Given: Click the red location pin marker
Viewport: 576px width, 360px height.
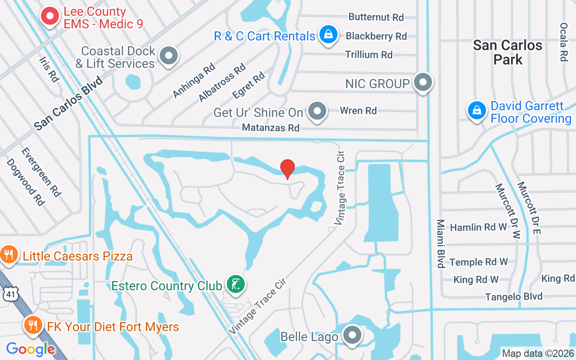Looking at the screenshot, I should (x=288, y=169).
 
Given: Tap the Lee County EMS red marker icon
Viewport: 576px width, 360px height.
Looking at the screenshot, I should (x=50, y=17).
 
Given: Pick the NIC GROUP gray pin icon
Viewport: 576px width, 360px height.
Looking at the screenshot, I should (x=423, y=82).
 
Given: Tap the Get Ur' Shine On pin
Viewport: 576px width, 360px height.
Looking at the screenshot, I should (x=318, y=111).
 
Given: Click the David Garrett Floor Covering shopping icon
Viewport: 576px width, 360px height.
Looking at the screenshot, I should (x=477, y=110).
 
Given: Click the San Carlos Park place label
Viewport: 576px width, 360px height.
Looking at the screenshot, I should (x=508, y=52).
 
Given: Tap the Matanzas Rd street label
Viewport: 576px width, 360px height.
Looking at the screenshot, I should (x=270, y=128).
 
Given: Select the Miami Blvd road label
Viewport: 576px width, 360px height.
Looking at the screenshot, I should (x=441, y=243).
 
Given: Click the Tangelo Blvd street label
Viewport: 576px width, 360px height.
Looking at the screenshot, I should (x=514, y=297).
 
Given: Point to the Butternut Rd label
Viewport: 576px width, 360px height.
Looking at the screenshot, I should (x=376, y=17).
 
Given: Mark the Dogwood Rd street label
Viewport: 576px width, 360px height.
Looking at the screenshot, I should (x=26, y=182).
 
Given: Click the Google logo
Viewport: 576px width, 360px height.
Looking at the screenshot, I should (x=30, y=349).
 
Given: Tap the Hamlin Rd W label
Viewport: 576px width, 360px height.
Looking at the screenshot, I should (x=479, y=227).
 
